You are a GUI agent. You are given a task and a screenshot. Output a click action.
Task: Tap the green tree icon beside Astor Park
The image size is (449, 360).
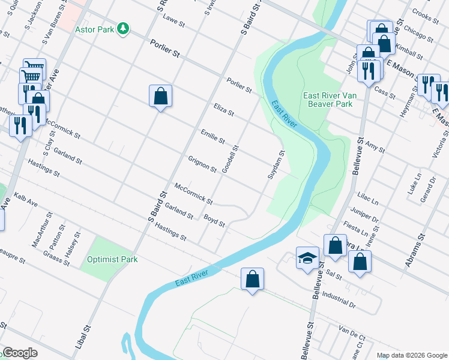click(122, 28)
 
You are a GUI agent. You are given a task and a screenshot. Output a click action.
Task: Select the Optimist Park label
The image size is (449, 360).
click(112, 259)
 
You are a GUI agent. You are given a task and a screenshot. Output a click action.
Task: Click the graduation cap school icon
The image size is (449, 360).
click(307, 258)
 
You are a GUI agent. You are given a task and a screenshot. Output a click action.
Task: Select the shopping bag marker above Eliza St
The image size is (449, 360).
click(160, 95)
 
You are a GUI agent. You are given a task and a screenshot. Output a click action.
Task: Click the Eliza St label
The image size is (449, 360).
click(223, 109)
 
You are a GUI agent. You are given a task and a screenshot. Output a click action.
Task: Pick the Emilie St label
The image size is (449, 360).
click(212, 136)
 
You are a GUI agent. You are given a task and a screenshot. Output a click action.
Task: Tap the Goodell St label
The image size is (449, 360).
click(231, 159)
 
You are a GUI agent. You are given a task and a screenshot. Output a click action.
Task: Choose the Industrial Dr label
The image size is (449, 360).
click(339, 295)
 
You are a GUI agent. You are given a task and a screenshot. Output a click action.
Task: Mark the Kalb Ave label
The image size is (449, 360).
click(25, 200)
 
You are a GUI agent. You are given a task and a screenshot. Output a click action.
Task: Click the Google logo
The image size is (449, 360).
click(20, 353)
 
